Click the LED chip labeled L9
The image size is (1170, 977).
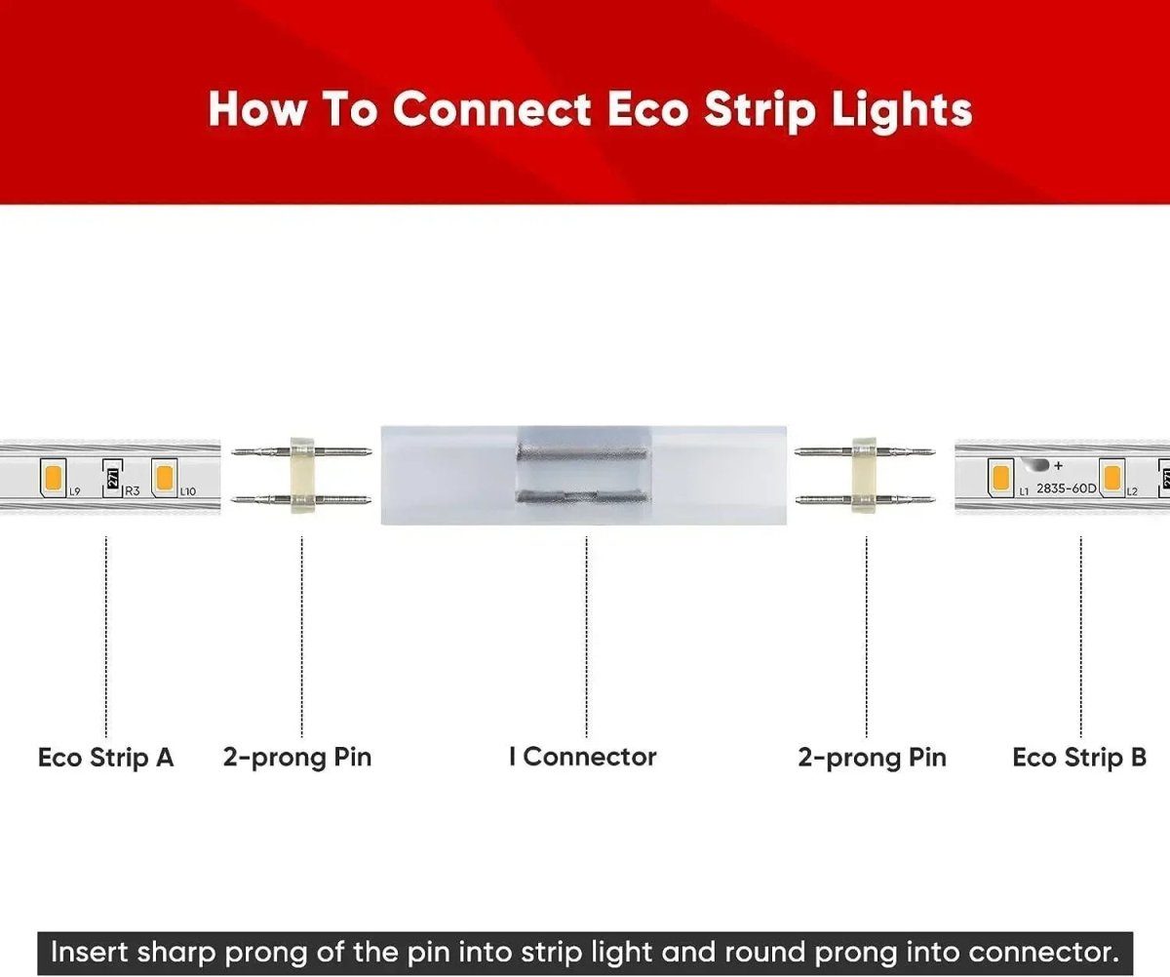coord(54,477)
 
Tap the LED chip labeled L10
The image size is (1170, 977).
coord(164,477)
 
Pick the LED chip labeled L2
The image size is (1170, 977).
coord(1110,477)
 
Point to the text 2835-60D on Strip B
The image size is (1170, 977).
coord(1066,488)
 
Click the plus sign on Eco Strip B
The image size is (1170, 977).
coord(1058,464)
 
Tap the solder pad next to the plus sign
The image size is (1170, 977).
coord(1038,465)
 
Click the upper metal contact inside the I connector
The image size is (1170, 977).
coord(581,454)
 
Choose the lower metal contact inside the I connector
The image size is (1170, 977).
coord(581,498)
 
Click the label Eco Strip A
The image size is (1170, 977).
coord(105,758)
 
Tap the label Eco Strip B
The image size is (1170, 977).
coord(1079,758)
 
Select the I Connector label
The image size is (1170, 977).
coord(583,757)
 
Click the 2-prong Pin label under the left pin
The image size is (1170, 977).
coord(297,758)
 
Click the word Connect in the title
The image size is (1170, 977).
coord(491,109)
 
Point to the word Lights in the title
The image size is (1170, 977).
coord(902,109)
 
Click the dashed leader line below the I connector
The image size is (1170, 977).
coord(586,634)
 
